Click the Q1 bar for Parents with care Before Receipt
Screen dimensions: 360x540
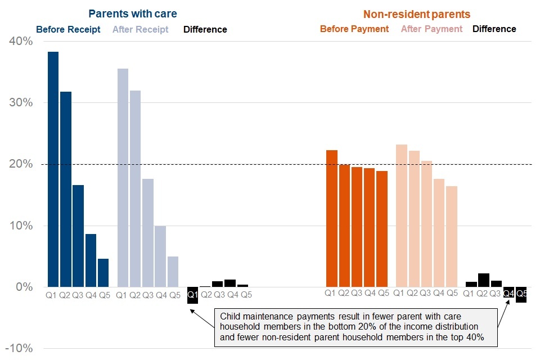click(53, 169)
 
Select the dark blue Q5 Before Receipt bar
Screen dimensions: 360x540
click(103, 273)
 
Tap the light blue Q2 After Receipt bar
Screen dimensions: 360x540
click(134, 188)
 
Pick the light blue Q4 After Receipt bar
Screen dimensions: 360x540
click(160, 256)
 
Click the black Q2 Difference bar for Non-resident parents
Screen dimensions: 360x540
click(483, 280)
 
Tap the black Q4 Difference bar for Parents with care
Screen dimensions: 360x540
click(229, 283)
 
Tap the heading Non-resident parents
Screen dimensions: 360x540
click(416, 14)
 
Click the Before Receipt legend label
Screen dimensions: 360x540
click(68, 29)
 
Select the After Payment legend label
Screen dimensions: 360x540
click(431, 29)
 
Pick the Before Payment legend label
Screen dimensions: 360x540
click(354, 29)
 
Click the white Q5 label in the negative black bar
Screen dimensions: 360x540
click(521, 293)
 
